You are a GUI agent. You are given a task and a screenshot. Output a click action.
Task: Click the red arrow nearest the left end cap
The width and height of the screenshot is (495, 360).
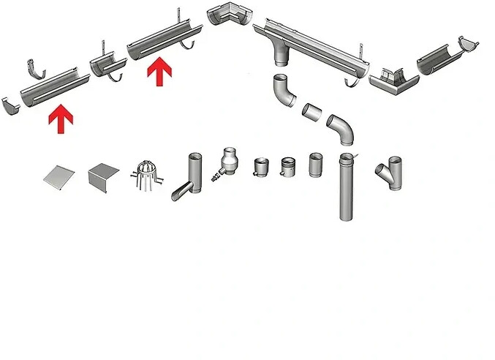61,120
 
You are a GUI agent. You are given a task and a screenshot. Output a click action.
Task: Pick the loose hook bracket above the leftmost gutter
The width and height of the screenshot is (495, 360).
35,68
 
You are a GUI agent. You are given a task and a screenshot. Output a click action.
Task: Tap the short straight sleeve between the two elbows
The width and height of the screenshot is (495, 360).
313,112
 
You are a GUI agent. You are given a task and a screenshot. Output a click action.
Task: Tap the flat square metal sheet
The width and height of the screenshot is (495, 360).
58,175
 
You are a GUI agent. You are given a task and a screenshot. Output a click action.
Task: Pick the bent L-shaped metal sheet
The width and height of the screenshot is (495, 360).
103,176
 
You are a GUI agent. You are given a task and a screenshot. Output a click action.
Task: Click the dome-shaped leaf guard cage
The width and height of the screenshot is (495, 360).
143,175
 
